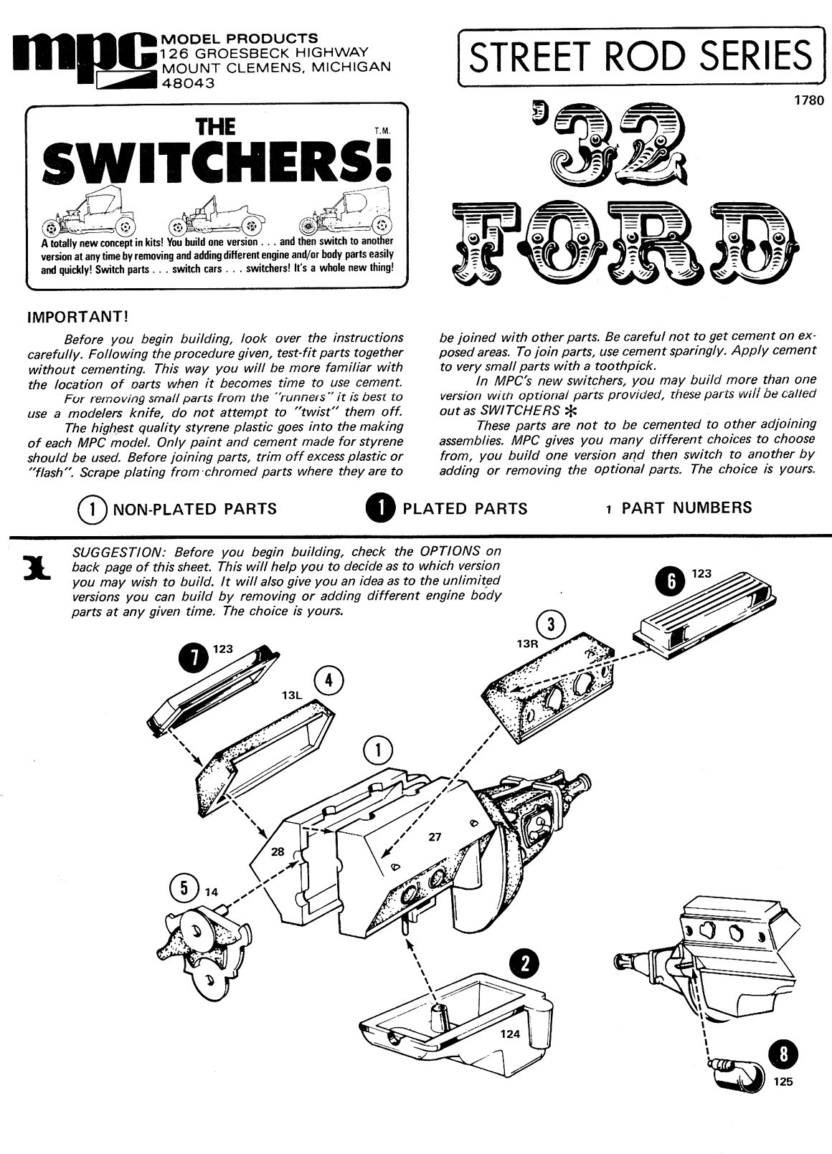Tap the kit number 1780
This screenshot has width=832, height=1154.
coord(808,101)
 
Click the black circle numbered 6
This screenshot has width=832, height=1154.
coord(671,581)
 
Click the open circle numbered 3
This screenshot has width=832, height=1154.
coord(550,625)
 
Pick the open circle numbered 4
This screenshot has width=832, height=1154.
coord(328,680)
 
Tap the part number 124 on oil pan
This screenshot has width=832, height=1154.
coord(511,1034)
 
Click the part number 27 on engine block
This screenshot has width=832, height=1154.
coord(435,836)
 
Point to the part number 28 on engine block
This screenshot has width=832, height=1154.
coord(278,852)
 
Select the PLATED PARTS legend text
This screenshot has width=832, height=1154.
coord(465,509)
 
